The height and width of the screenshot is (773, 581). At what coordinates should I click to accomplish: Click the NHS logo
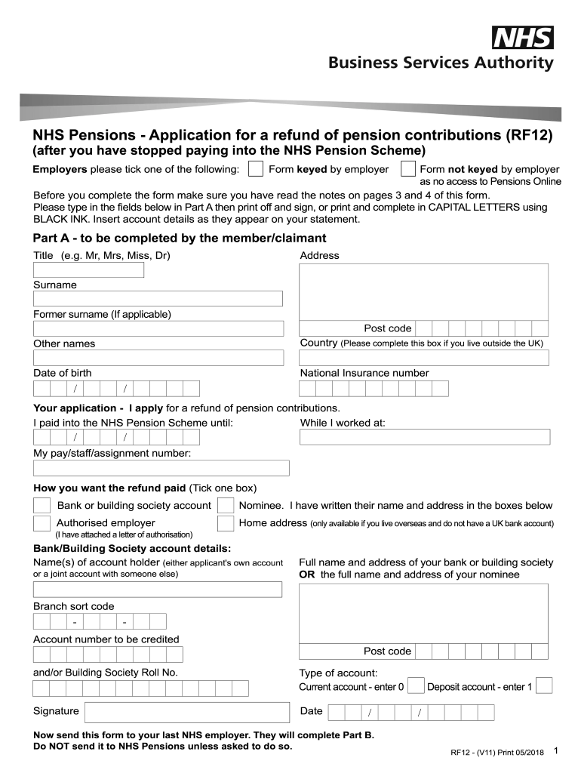click(523, 38)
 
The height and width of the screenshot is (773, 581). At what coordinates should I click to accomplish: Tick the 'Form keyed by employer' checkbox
click(257, 168)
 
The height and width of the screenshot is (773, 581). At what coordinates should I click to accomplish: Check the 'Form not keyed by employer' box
click(407, 168)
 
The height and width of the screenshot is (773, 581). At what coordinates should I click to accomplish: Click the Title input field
click(88, 269)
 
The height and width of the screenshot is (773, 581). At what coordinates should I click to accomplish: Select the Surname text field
click(158, 299)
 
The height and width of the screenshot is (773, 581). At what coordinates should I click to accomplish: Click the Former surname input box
click(158, 328)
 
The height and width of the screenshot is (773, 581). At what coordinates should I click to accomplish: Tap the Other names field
click(158, 357)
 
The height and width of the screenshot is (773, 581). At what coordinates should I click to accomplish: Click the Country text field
click(425, 357)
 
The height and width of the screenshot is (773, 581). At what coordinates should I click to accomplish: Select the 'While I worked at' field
click(425, 437)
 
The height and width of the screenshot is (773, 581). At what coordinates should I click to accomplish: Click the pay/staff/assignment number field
click(161, 468)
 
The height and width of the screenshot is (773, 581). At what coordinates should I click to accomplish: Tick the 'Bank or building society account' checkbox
click(42, 505)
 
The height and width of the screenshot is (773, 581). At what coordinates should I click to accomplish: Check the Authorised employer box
click(42, 523)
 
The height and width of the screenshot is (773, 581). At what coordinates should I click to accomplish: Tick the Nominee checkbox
click(225, 505)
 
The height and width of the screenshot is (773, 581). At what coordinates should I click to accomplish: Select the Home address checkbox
click(225, 523)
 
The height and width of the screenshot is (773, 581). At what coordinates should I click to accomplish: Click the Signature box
click(186, 712)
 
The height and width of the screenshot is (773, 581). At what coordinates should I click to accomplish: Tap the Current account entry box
click(416, 685)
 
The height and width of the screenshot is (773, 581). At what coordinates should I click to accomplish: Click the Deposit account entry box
click(544, 685)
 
